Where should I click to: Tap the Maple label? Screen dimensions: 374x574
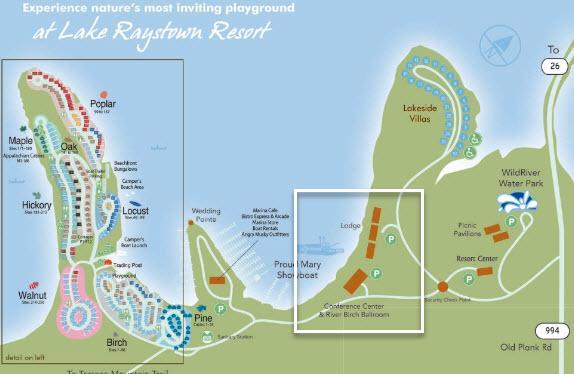coord(21,141)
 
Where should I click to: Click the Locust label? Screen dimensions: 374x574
coord(135,211)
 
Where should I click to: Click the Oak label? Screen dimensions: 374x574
coord(69,147)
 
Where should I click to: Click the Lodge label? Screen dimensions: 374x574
coord(350,225)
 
